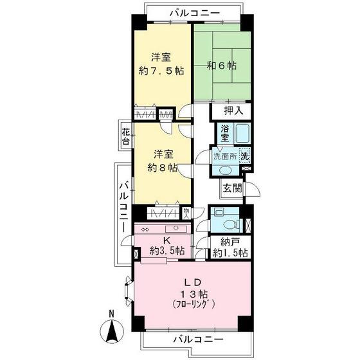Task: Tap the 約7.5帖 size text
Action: click(x=161, y=71)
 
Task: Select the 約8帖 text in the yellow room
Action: click(x=163, y=169)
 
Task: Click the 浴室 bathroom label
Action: click(x=224, y=134)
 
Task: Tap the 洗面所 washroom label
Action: click(x=226, y=155)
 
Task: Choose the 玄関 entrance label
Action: click(x=232, y=188)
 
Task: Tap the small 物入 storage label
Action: click(x=185, y=213)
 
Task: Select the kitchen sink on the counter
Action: click(x=174, y=228)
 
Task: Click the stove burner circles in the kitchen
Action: click(x=145, y=229)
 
